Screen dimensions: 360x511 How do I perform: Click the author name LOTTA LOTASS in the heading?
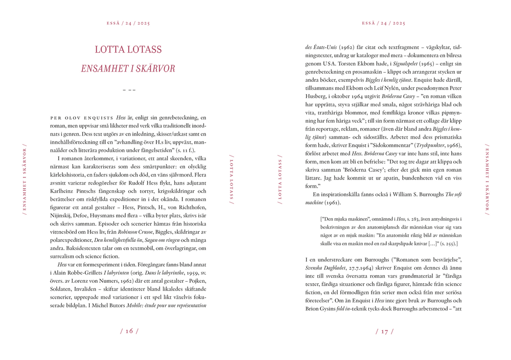(128, 50)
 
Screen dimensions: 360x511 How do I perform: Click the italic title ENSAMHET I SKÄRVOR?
(128, 69)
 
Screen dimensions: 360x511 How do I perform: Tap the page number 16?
(129, 331)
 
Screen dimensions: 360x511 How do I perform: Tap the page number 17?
(384, 331)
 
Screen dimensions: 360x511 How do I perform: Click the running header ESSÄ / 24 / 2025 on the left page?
(128, 23)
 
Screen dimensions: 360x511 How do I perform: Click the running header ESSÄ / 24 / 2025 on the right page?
(383, 23)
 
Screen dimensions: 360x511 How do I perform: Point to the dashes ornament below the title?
(129, 90)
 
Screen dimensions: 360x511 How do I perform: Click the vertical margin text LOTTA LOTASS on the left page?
(231, 179)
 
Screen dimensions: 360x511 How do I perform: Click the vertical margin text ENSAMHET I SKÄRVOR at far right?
(487, 179)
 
